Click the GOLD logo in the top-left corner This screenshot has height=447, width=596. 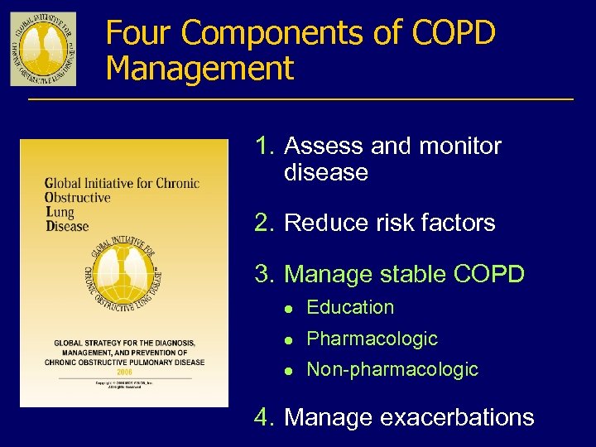(43, 49)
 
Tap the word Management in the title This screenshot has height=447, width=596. (199, 68)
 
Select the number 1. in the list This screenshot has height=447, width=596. (265, 147)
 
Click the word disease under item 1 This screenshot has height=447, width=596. (325, 172)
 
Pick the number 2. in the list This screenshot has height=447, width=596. (265, 223)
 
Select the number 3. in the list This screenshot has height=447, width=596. (265, 274)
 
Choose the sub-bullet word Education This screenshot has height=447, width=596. (350, 307)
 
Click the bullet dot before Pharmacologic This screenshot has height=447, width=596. (288, 339)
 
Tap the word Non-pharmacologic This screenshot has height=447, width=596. (392, 369)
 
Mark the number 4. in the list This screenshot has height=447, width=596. (265, 417)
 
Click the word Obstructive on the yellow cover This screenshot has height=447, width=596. (78, 197)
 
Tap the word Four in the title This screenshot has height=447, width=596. (139, 34)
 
